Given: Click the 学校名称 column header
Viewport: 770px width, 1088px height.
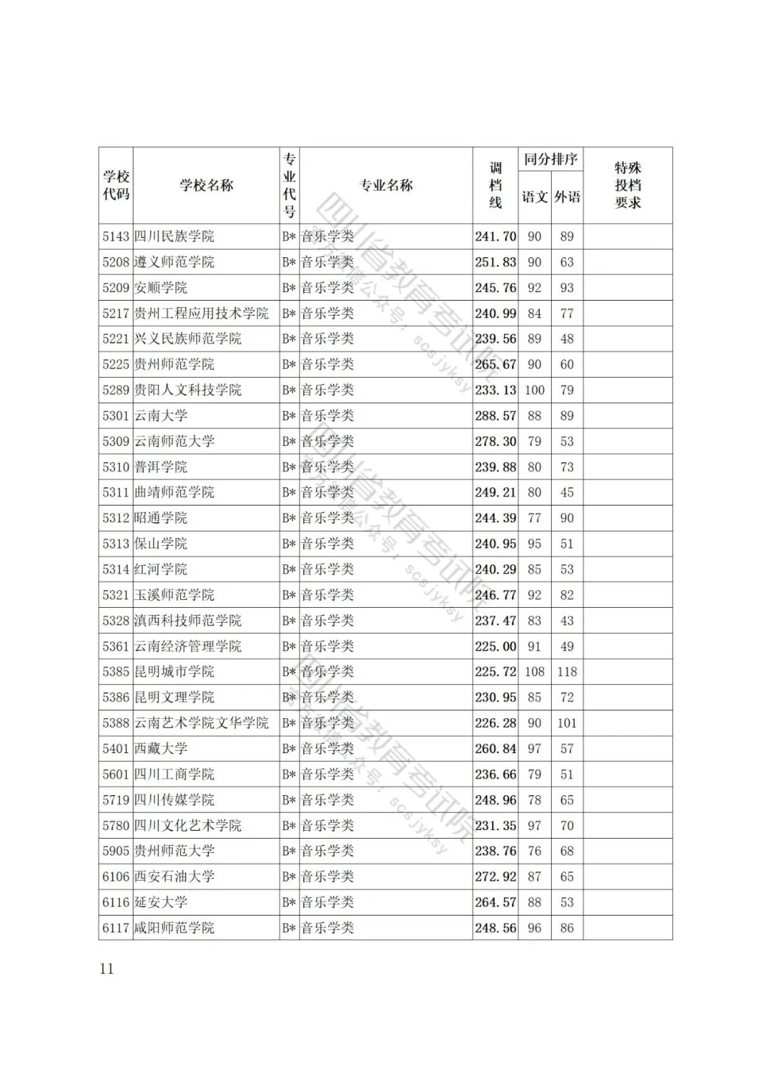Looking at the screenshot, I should click(206, 185).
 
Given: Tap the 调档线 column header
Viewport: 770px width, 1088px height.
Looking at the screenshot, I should click(495, 185).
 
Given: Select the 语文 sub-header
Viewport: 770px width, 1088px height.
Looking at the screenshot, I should click(534, 197).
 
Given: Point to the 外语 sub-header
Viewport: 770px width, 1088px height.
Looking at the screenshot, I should click(567, 197).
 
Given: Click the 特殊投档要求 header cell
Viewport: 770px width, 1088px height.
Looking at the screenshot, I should click(627, 185).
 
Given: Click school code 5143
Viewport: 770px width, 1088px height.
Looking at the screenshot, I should click(115, 237).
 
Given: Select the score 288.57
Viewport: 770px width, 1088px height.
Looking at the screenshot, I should click(496, 415).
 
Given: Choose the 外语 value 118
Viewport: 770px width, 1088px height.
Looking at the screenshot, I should click(567, 671).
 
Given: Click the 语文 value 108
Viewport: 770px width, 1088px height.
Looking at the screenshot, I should click(534, 671).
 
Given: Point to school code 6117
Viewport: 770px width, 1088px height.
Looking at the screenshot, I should click(115, 928).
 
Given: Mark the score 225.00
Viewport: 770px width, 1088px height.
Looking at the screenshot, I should click(496, 646).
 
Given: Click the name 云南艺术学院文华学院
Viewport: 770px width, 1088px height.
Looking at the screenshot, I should click(202, 722).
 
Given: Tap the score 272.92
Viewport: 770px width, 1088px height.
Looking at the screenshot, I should click(496, 876).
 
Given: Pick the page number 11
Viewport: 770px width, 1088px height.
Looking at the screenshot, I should click(106, 968).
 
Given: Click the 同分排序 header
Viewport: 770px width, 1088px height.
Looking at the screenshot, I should click(550, 159).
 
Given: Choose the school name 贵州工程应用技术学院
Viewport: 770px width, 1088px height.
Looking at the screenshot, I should click(202, 314).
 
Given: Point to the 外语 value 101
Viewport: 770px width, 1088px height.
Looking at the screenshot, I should click(567, 722).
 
